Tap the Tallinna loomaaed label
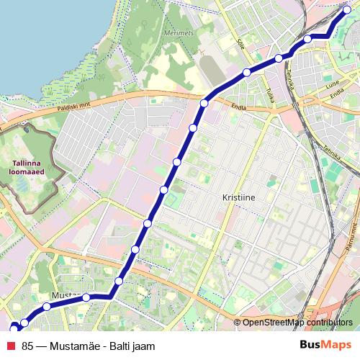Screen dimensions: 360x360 tap(28, 167)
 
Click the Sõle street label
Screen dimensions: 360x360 tap(241, 44)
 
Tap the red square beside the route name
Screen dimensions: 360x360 tap(12, 346)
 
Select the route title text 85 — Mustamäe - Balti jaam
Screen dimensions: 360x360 tap(88, 346)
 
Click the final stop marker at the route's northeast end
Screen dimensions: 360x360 tap(347, 10)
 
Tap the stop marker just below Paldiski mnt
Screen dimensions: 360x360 tap(204, 104)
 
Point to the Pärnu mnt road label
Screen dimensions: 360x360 tap(353, 238)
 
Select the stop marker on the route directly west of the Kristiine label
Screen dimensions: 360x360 tap(164, 190)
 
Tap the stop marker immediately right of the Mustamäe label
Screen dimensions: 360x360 tap(86, 297)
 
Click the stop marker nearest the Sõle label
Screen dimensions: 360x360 tap(246, 72)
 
